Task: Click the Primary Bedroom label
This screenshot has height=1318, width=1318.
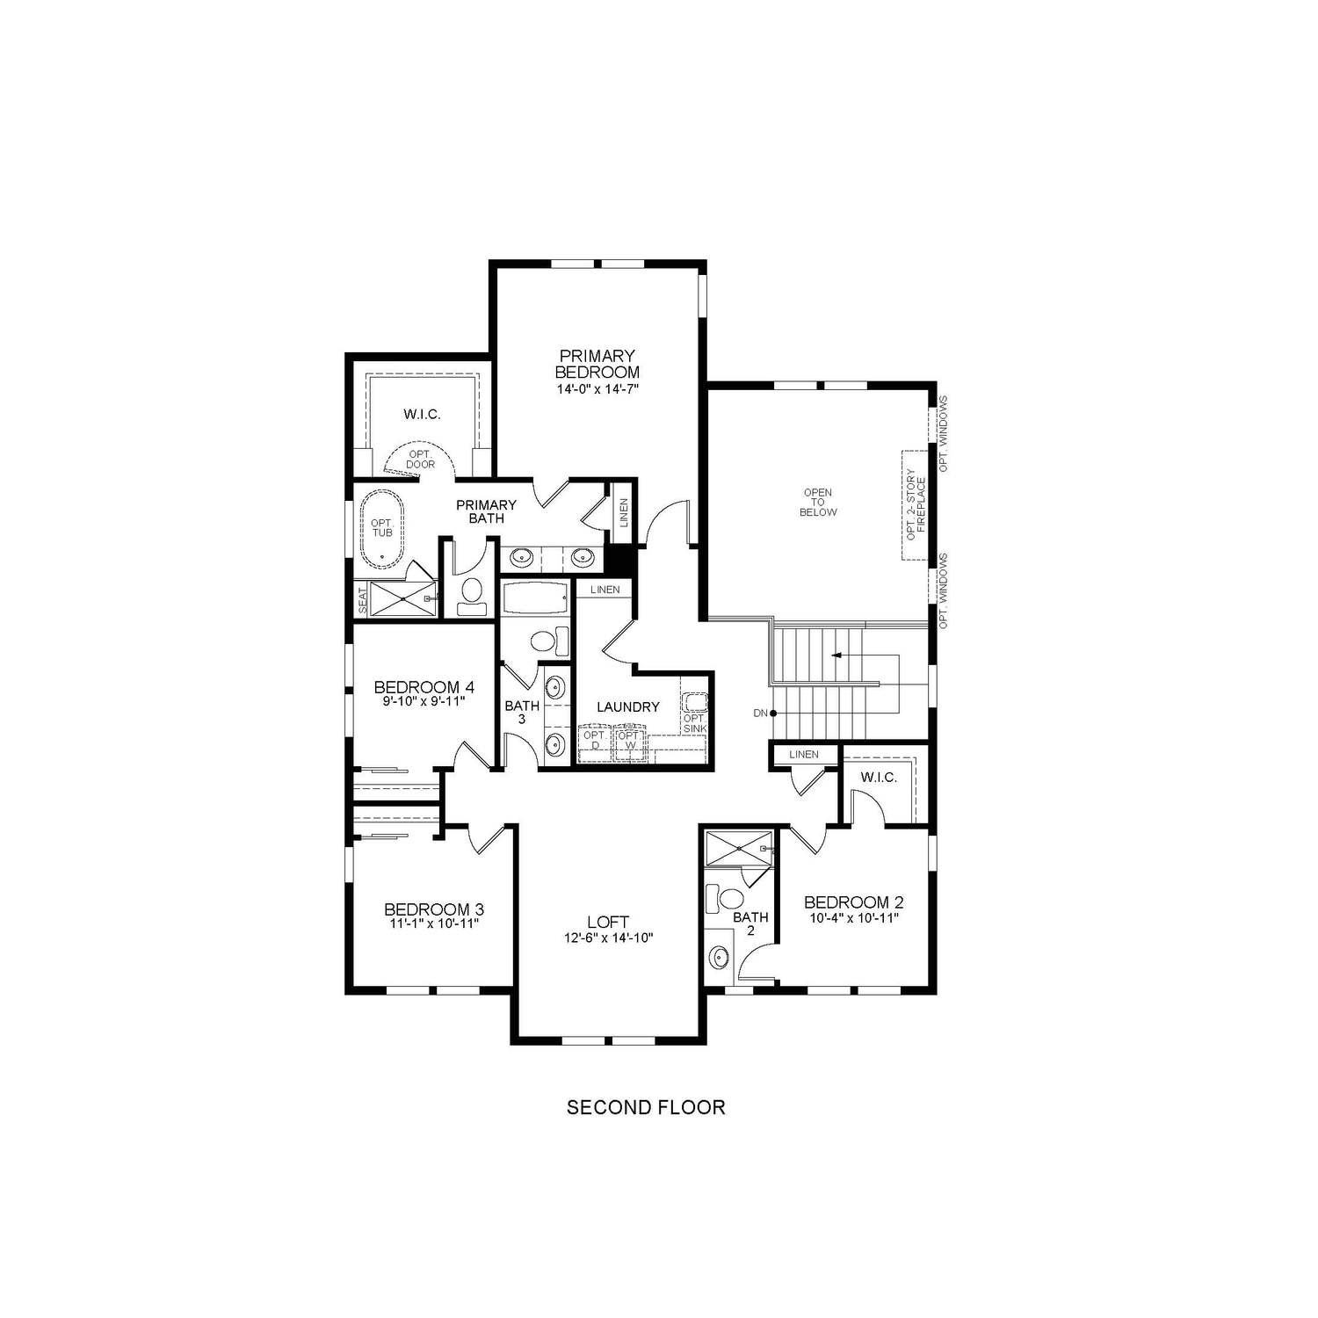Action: point(597,364)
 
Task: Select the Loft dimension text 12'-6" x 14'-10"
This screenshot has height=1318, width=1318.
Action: point(608,938)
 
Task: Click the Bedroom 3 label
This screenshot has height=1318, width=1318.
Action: point(434,909)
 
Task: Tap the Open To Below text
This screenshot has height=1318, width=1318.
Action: point(818,503)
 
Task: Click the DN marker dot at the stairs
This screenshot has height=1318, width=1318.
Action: point(773,713)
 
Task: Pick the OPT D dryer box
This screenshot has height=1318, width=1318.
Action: point(594,739)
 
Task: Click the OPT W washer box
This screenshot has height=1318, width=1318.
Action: point(629,739)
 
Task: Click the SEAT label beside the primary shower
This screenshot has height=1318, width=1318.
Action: point(362,600)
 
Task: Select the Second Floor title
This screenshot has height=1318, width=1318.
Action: point(646,1107)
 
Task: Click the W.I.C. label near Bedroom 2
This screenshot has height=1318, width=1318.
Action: point(879,778)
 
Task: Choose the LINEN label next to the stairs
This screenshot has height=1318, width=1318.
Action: point(803,754)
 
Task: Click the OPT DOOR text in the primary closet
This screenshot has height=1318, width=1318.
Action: point(420,459)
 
